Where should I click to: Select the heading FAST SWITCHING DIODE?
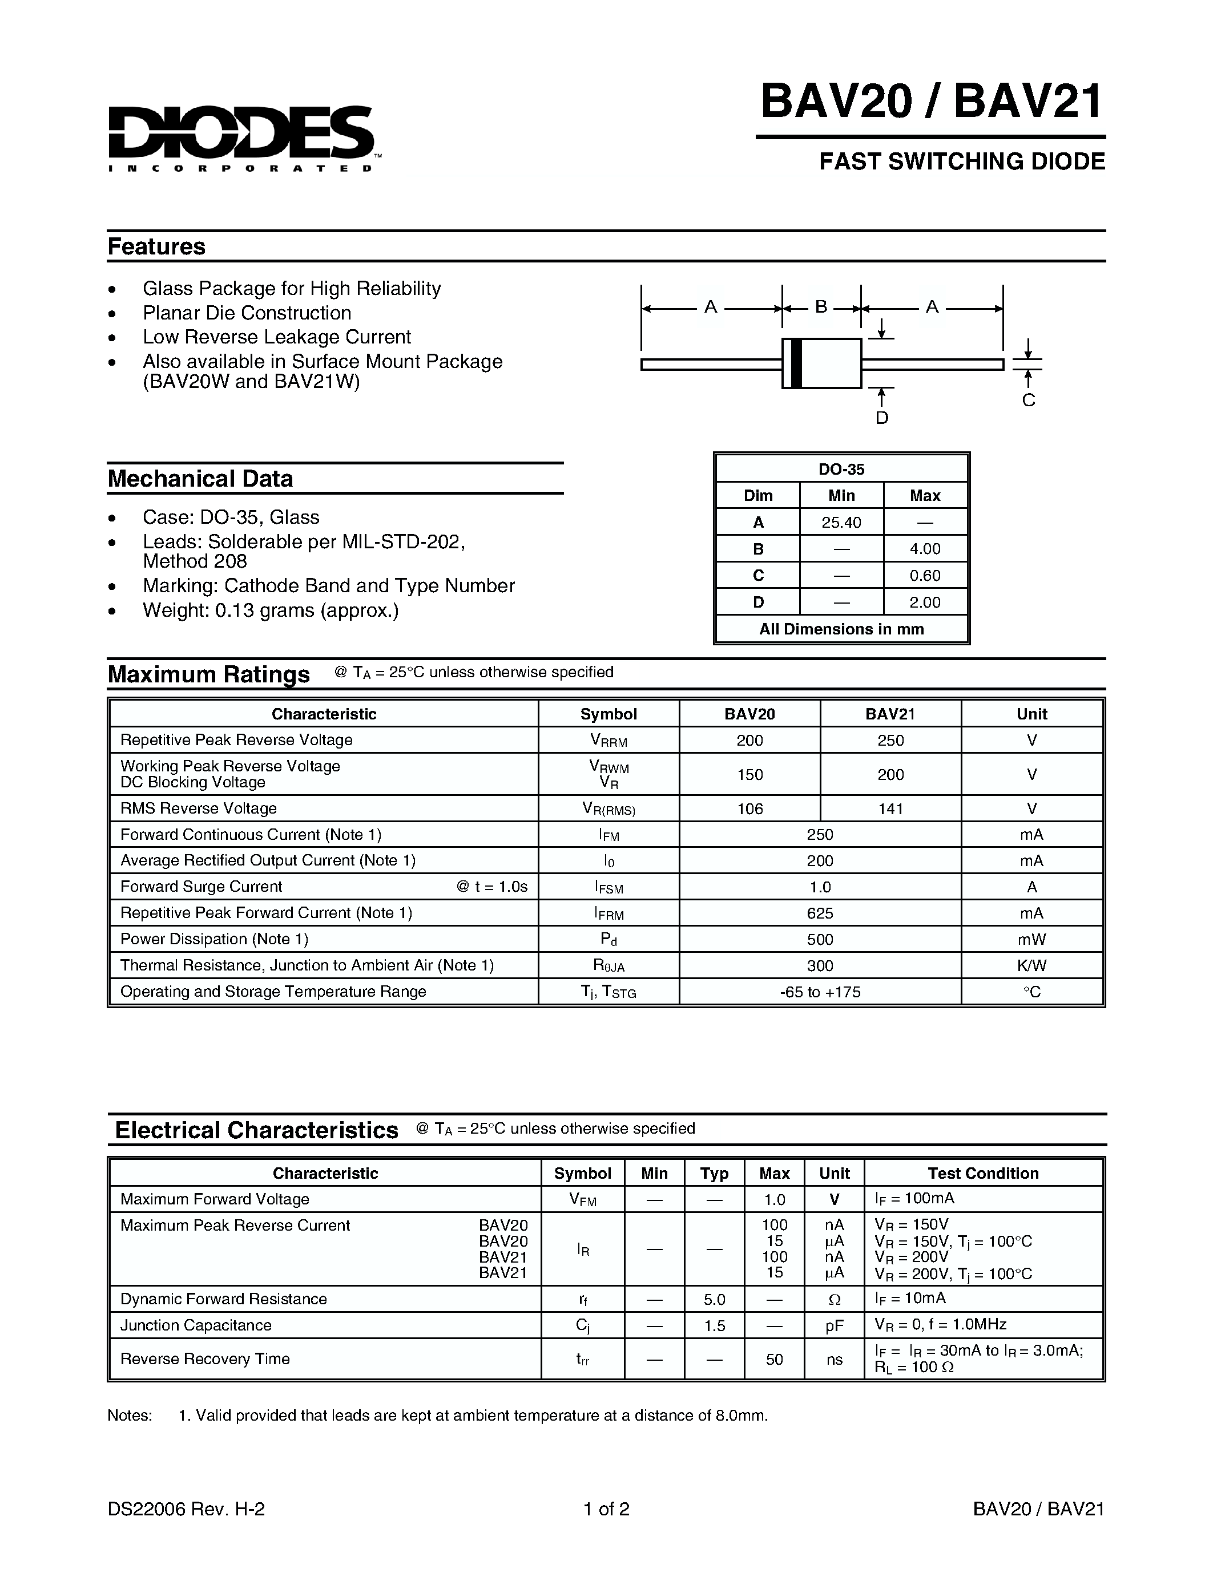pyautogui.click(x=961, y=161)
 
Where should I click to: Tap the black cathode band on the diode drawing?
pyautogui.click(x=796, y=363)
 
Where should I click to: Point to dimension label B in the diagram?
pyautogui.click(x=821, y=307)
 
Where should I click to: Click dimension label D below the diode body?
pyautogui.click(x=882, y=418)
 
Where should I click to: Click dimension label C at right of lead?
pyautogui.click(x=1028, y=400)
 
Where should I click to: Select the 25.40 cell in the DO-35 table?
pyautogui.click(x=841, y=522)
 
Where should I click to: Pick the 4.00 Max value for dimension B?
pyautogui.click(x=924, y=549)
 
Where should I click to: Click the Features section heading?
pyautogui.click(x=156, y=246)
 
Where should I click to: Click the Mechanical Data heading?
pyautogui.click(x=200, y=479)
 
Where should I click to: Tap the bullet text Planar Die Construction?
pyautogui.click(x=247, y=313)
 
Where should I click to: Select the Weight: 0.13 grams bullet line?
pyautogui.click(x=270, y=610)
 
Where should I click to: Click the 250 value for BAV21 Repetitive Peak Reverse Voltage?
pyautogui.click(x=890, y=740)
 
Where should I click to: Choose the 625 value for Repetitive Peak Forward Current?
pyautogui.click(x=819, y=913)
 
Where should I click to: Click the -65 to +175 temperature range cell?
pyautogui.click(x=819, y=992)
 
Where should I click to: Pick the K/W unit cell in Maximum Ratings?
pyautogui.click(x=1031, y=965)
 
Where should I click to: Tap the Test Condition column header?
pyautogui.click(x=982, y=1173)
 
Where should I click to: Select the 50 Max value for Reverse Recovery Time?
pyautogui.click(x=774, y=1359)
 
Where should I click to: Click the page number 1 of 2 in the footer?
pyautogui.click(x=606, y=1509)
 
